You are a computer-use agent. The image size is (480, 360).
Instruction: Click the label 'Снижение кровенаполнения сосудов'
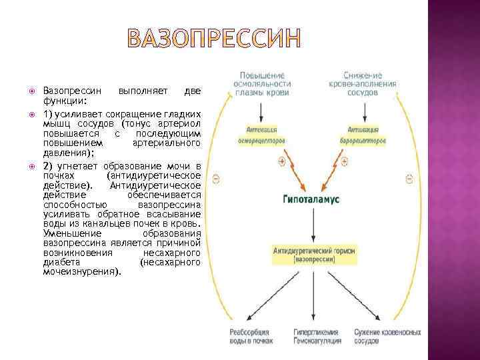363,84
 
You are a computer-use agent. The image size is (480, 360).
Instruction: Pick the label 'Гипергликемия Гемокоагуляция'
317,336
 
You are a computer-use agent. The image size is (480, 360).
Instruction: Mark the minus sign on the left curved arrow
215,178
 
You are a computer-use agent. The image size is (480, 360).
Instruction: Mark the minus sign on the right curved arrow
409,178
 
